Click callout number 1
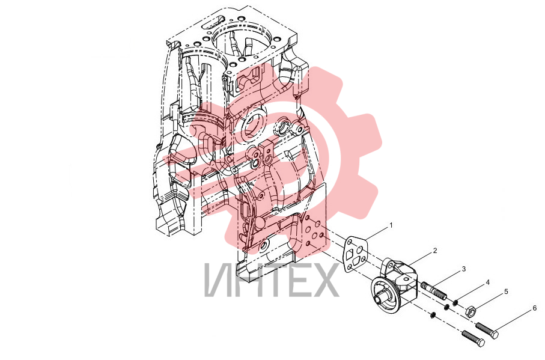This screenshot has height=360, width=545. pyautogui.click(x=391, y=225)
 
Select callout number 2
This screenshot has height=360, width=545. pyautogui.click(x=435, y=251)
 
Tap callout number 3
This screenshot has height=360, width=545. pyautogui.click(x=463, y=269)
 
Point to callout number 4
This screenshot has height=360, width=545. pyautogui.click(x=488, y=282)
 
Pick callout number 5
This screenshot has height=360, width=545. pyautogui.click(x=506, y=291)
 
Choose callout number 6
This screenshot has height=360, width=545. pyautogui.click(x=535, y=308)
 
